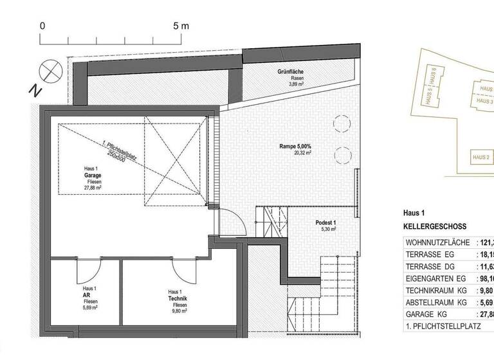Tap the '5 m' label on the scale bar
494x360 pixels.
tap(181, 26)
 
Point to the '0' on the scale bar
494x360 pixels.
tap(42, 26)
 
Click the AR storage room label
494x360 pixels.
tap(90, 296)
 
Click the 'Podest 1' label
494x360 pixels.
tap(326, 222)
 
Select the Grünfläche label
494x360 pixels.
tap(291, 71)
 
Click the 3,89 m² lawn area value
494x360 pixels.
tap(296, 85)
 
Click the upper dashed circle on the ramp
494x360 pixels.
tap(341, 122)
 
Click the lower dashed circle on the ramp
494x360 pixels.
tap(342, 154)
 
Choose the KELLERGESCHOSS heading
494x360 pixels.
tap(434, 227)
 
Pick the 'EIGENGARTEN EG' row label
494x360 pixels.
tap(436, 277)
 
